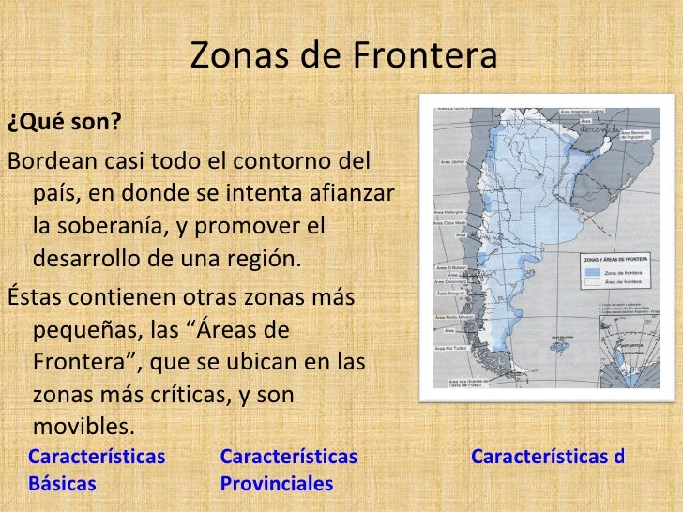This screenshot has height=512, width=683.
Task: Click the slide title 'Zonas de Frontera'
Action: tap(342, 58)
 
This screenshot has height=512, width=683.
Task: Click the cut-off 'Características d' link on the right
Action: tap(547, 458)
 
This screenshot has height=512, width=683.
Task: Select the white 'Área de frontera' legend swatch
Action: tap(590, 282)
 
